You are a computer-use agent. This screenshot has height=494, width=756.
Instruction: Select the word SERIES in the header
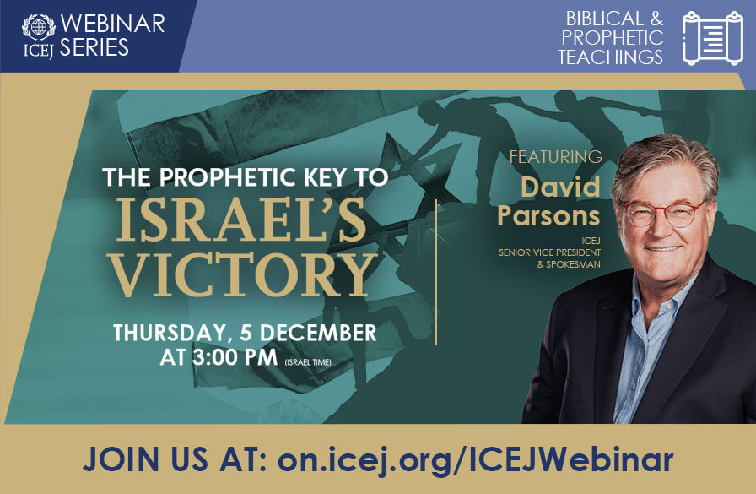point(94,47)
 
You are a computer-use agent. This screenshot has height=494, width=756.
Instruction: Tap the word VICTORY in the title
point(244,275)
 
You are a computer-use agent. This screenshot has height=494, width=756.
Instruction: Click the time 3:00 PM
point(224,356)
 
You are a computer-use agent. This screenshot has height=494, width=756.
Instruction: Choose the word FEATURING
point(556,157)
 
